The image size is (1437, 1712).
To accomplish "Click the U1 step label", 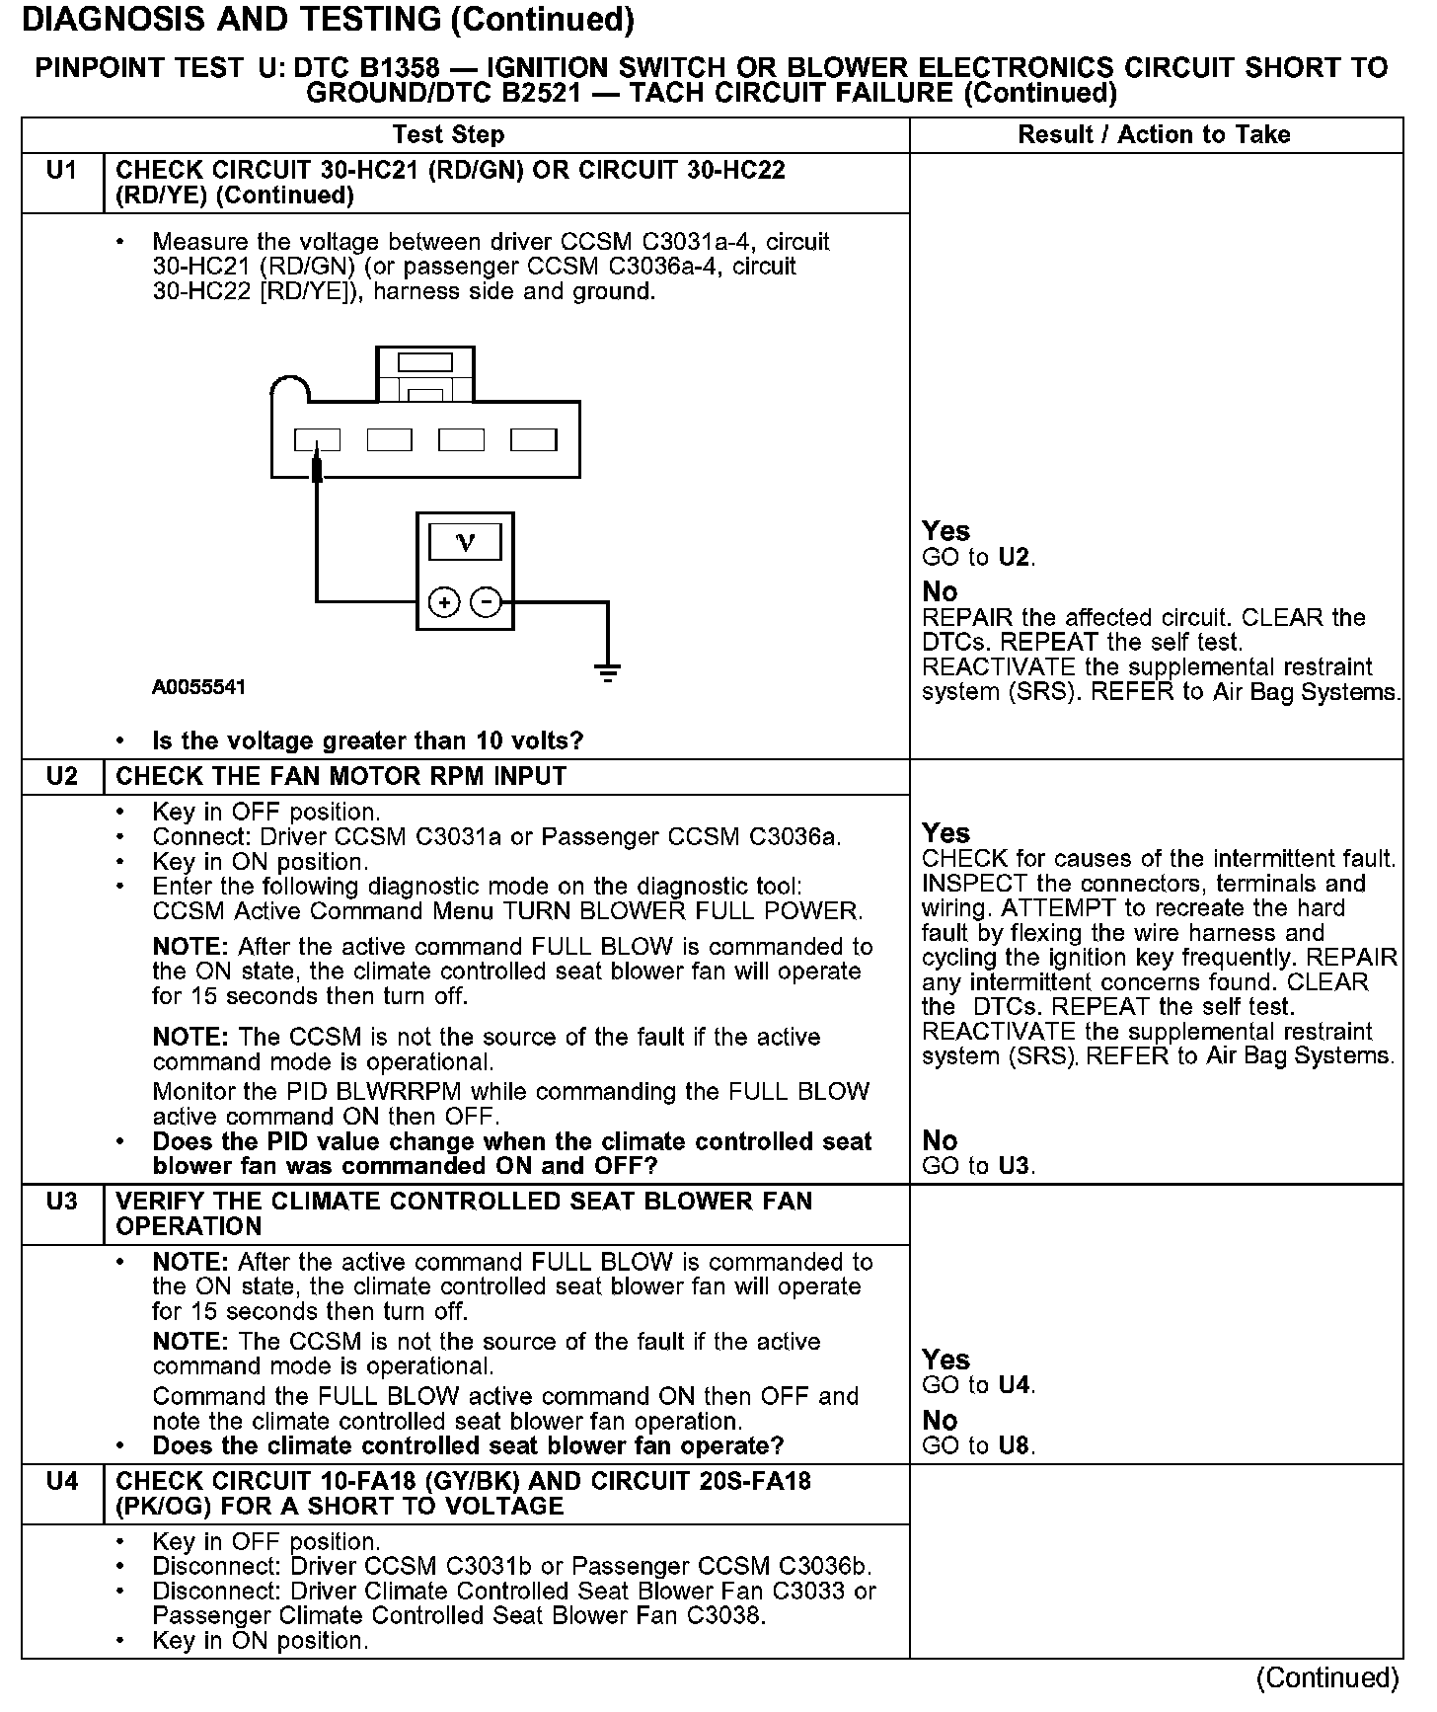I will tap(61, 171).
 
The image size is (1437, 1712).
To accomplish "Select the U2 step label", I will tap(61, 776).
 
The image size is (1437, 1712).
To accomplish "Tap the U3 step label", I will tap(61, 1202).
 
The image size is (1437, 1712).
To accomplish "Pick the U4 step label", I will tap(61, 1481).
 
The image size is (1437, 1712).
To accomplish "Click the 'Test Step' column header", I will tap(448, 135).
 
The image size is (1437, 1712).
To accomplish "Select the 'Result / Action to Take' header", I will tap(1154, 135).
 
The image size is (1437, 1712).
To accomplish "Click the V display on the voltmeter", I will tap(465, 542).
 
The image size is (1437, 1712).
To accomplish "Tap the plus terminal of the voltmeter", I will tap(444, 601).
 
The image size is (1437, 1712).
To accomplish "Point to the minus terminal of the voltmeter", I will tap(485, 601).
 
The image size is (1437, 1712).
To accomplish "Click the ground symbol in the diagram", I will tap(607, 672).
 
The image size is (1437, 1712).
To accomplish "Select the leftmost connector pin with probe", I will tap(317, 439).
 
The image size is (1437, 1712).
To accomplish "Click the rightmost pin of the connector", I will tap(533, 439).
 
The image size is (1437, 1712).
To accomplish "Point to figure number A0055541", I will tap(198, 687).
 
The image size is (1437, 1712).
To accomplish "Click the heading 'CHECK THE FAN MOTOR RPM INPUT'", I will tap(341, 777).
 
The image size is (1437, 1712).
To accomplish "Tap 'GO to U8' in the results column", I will tap(978, 1446).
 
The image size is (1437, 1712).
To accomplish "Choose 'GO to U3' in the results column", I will tap(978, 1166).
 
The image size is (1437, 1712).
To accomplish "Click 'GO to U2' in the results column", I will tap(978, 558).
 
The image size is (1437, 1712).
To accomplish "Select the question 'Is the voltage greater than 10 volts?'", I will tap(367, 740).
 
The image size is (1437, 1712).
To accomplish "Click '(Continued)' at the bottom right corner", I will tap(1327, 1677).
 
